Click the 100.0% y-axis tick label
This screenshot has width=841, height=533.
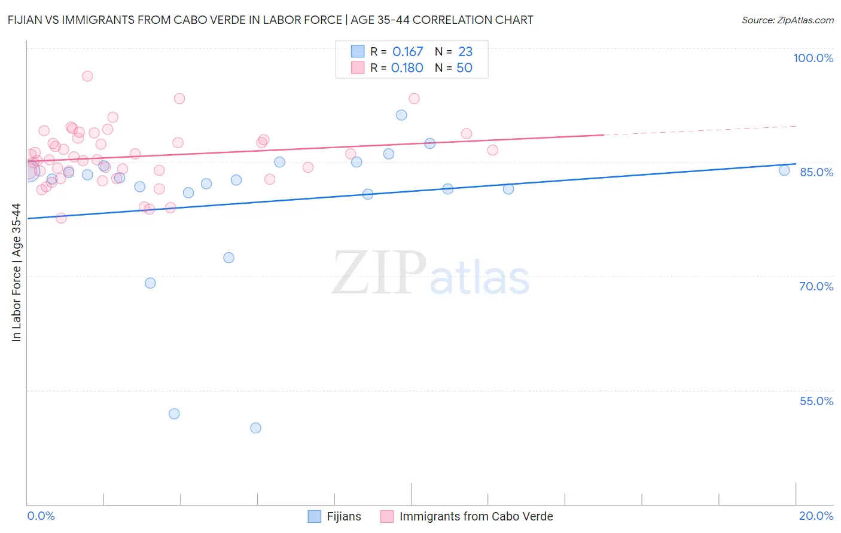tap(813, 58)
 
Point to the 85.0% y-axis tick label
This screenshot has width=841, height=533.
tap(816, 172)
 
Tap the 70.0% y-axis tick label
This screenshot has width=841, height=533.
tap(816, 286)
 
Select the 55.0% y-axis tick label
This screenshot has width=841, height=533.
tap(816, 401)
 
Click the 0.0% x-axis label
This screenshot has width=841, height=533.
tap(41, 516)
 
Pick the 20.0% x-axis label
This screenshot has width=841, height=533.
tap(816, 516)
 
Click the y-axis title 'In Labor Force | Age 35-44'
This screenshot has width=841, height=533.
tap(16, 272)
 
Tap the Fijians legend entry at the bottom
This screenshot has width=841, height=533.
tap(335, 516)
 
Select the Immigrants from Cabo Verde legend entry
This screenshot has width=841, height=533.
tap(467, 516)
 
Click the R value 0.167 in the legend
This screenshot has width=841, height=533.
tap(407, 52)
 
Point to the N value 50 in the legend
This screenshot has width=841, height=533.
tap(464, 68)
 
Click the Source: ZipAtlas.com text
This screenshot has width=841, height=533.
tap(787, 20)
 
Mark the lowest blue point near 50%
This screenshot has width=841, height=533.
tap(255, 428)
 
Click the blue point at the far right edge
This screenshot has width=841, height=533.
tap(784, 170)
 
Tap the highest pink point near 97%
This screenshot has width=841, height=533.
tap(87, 76)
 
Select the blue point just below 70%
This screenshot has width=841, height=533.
tap(150, 283)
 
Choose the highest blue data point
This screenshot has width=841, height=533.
tap(401, 115)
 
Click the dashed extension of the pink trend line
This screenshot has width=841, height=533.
tap(700, 130)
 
